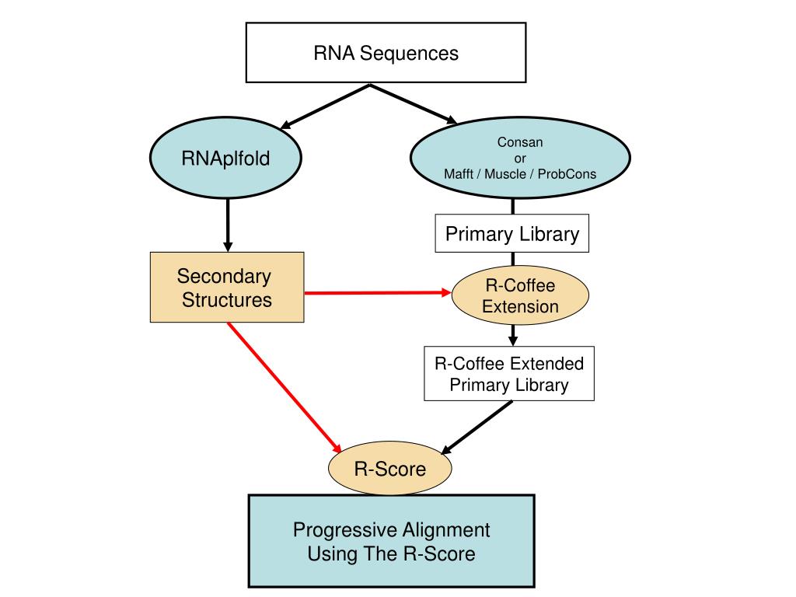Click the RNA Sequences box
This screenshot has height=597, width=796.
click(x=386, y=53)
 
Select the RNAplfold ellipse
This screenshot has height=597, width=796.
click(x=226, y=159)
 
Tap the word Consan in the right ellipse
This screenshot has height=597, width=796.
click(x=520, y=142)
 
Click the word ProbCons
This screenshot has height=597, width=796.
click(x=567, y=173)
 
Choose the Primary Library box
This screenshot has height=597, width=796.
click(x=511, y=234)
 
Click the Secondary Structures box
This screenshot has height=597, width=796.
click(x=226, y=287)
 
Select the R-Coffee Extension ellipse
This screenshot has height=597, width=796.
click(x=520, y=295)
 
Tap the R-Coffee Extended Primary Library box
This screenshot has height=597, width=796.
click(x=508, y=373)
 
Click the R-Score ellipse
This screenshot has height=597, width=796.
click(x=389, y=469)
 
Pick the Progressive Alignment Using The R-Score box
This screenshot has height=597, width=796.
click(x=391, y=542)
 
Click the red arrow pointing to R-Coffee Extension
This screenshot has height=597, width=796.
click(x=377, y=293)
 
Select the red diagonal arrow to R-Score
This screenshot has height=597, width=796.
click(x=284, y=386)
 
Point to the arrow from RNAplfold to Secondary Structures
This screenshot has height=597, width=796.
click(x=227, y=225)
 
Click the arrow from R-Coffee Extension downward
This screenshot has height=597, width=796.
click(x=513, y=335)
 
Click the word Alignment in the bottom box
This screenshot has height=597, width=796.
click(x=445, y=530)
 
